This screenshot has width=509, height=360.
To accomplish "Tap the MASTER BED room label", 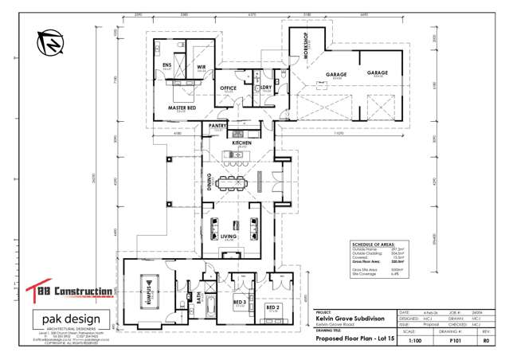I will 182,106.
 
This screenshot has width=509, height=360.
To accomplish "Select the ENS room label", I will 167,66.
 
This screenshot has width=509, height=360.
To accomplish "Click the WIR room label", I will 201,68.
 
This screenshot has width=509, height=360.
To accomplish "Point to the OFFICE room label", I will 229,88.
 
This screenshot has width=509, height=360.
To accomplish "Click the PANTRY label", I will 217,126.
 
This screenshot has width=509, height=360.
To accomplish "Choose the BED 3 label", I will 239,303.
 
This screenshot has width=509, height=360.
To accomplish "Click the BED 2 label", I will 272,307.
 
